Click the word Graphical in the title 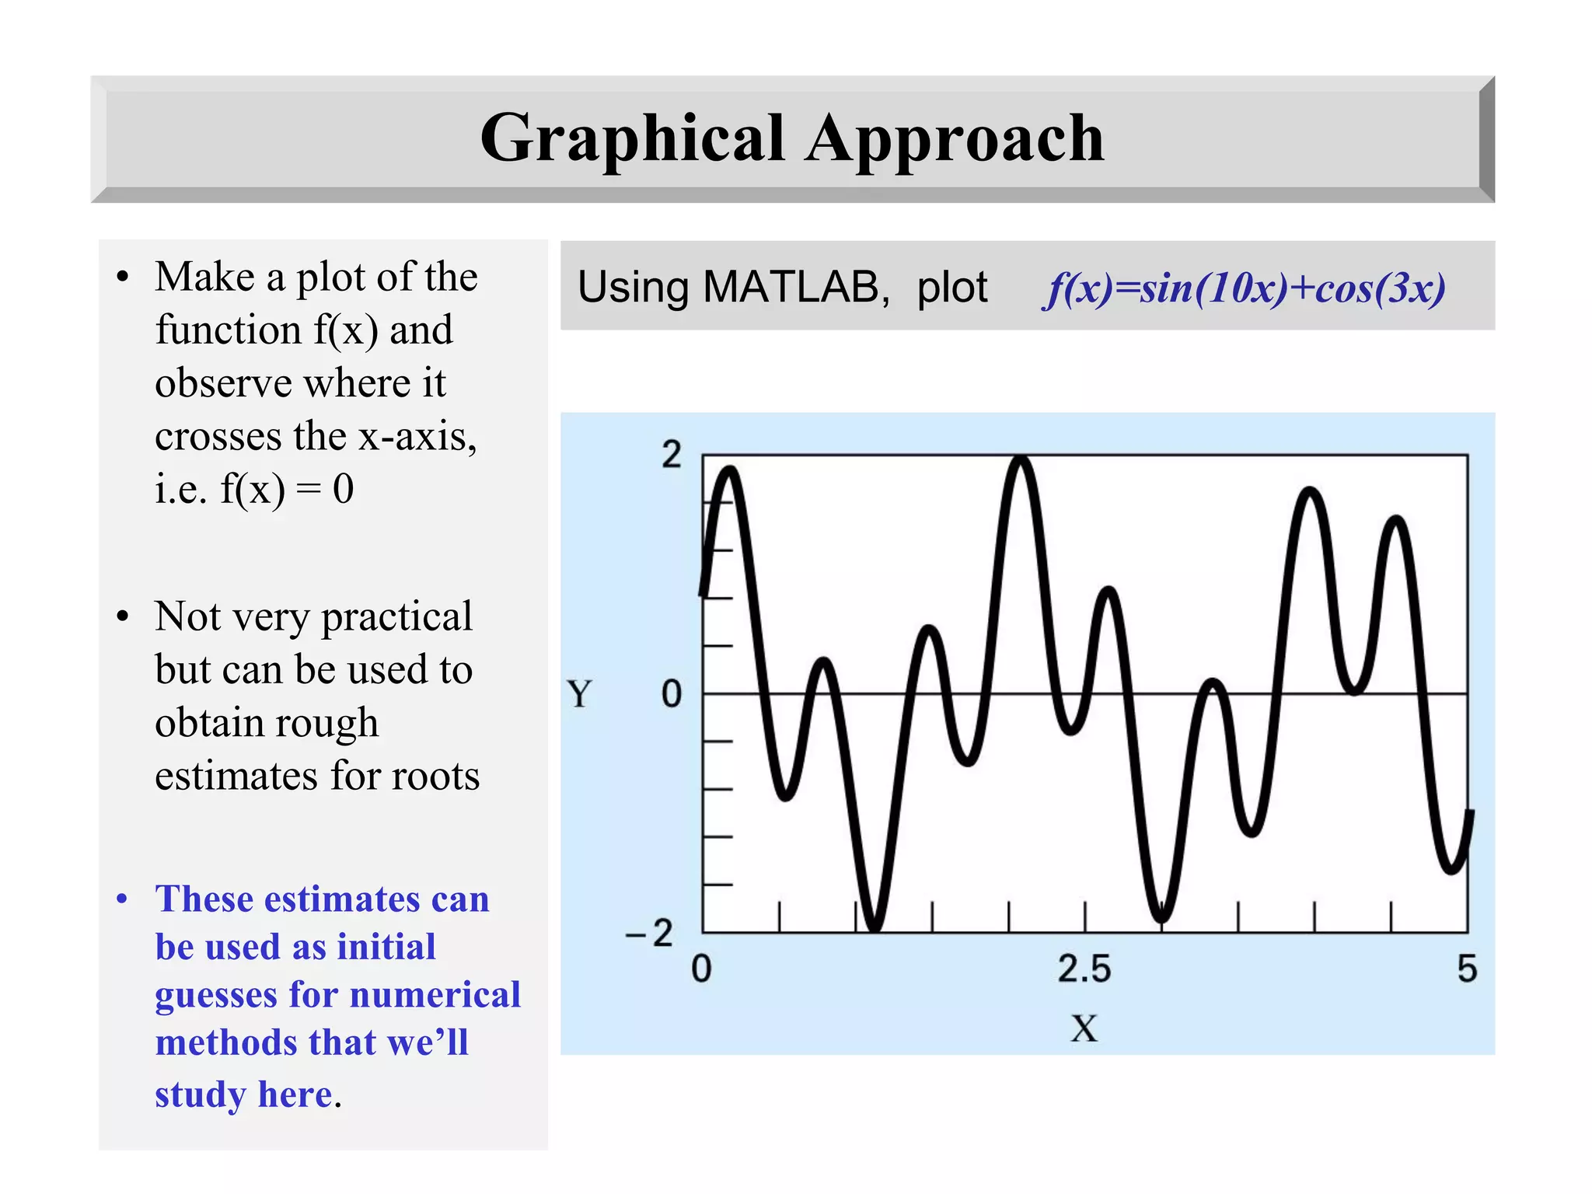632,138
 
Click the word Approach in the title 954,138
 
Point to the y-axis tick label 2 671,455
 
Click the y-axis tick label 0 671,693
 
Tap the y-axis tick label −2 650,932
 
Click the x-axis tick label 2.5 1084,969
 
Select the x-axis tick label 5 1466,969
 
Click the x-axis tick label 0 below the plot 701,969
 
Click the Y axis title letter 579,693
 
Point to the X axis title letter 1084,1028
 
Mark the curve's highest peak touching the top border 1021,460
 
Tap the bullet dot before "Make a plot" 122,278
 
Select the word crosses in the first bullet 218,436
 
